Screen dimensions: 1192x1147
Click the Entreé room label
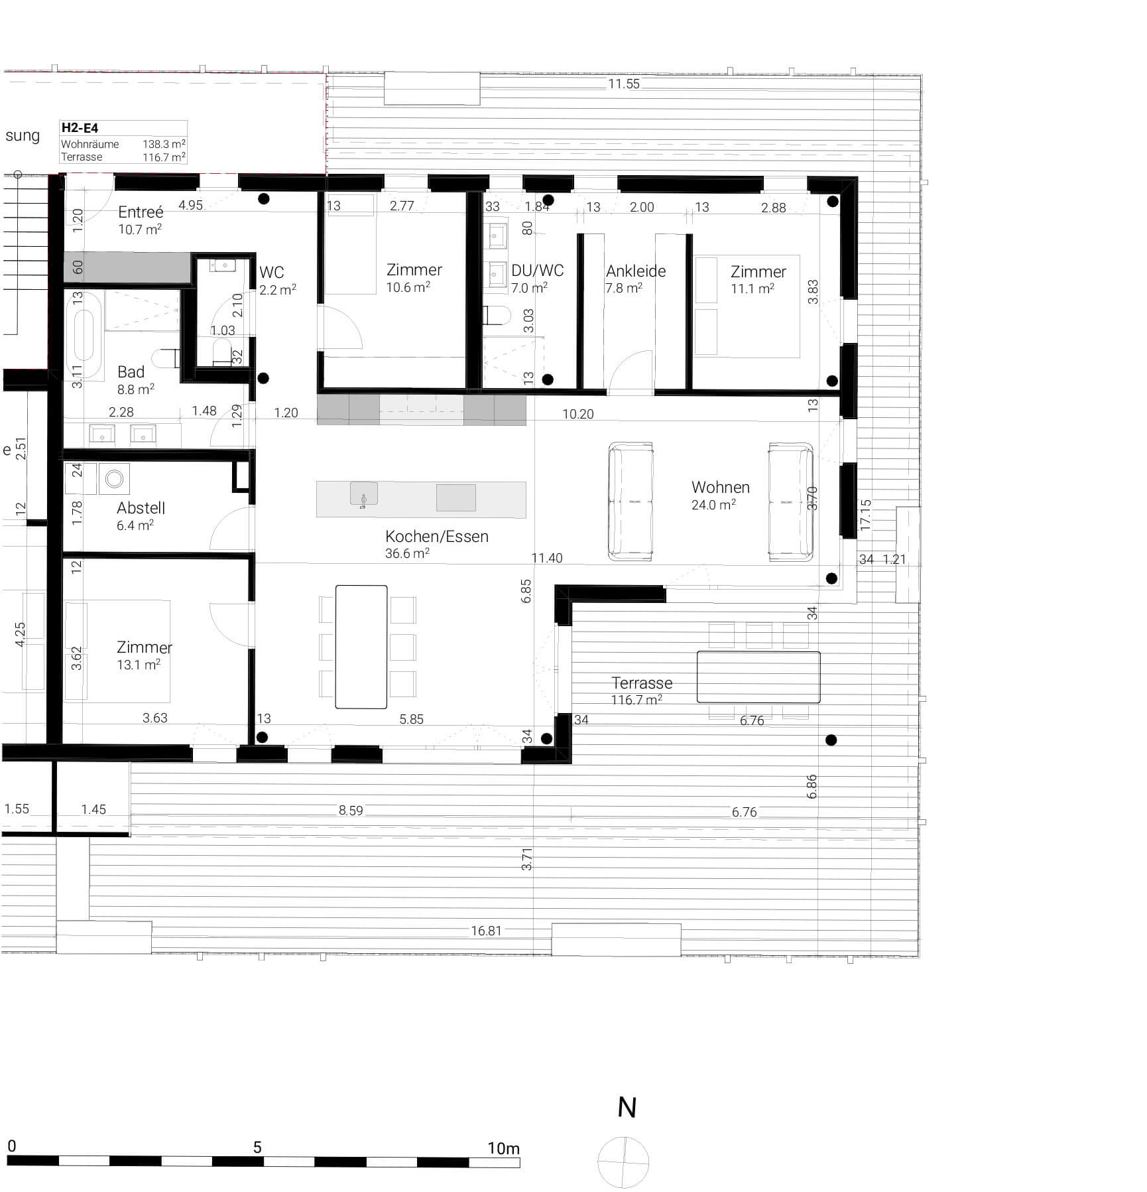140,212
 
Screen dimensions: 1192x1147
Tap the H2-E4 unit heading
80,128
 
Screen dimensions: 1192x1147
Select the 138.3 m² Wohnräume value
164,144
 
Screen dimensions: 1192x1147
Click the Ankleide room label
635,271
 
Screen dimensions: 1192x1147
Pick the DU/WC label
537,271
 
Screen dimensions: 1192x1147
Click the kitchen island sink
363,494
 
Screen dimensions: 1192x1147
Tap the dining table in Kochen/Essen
361,647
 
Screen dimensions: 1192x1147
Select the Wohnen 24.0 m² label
720,495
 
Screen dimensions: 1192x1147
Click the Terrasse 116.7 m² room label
641,690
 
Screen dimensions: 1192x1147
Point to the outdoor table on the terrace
758,677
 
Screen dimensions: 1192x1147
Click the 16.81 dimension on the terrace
486,931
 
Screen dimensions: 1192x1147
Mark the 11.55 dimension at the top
623,84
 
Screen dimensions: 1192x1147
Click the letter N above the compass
627,1108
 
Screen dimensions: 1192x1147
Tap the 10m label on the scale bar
503,1148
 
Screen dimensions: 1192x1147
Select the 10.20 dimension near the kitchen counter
577,414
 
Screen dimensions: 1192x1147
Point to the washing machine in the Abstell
115,479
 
